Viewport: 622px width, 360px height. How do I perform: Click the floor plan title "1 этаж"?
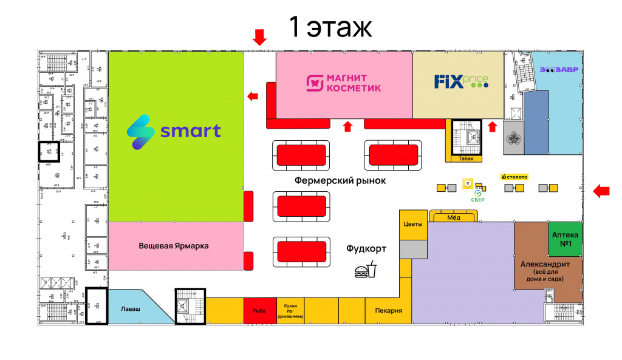tap(330, 27)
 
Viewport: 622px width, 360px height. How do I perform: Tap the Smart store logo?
tap(174, 131)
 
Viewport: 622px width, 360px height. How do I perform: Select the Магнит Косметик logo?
tap(344, 84)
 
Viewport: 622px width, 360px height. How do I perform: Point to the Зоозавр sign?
tap(559, 69)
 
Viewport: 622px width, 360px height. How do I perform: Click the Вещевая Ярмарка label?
tap(174, 246)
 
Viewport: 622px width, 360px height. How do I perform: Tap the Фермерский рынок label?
tap(340, 181)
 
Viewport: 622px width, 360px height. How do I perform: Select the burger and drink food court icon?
tap(366, 270)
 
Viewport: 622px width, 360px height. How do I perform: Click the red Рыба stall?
tap(259, 310)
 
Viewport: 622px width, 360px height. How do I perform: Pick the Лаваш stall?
tap(134, 308)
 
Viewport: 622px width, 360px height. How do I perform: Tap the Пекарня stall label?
tap(384, 311)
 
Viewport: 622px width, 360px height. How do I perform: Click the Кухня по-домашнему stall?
tap(290, 310)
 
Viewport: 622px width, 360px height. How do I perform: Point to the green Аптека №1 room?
tap(565, 238)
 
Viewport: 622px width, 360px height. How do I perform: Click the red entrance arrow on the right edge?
tap(601, 191)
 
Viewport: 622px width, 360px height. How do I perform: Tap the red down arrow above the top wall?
tap(259, 37)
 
